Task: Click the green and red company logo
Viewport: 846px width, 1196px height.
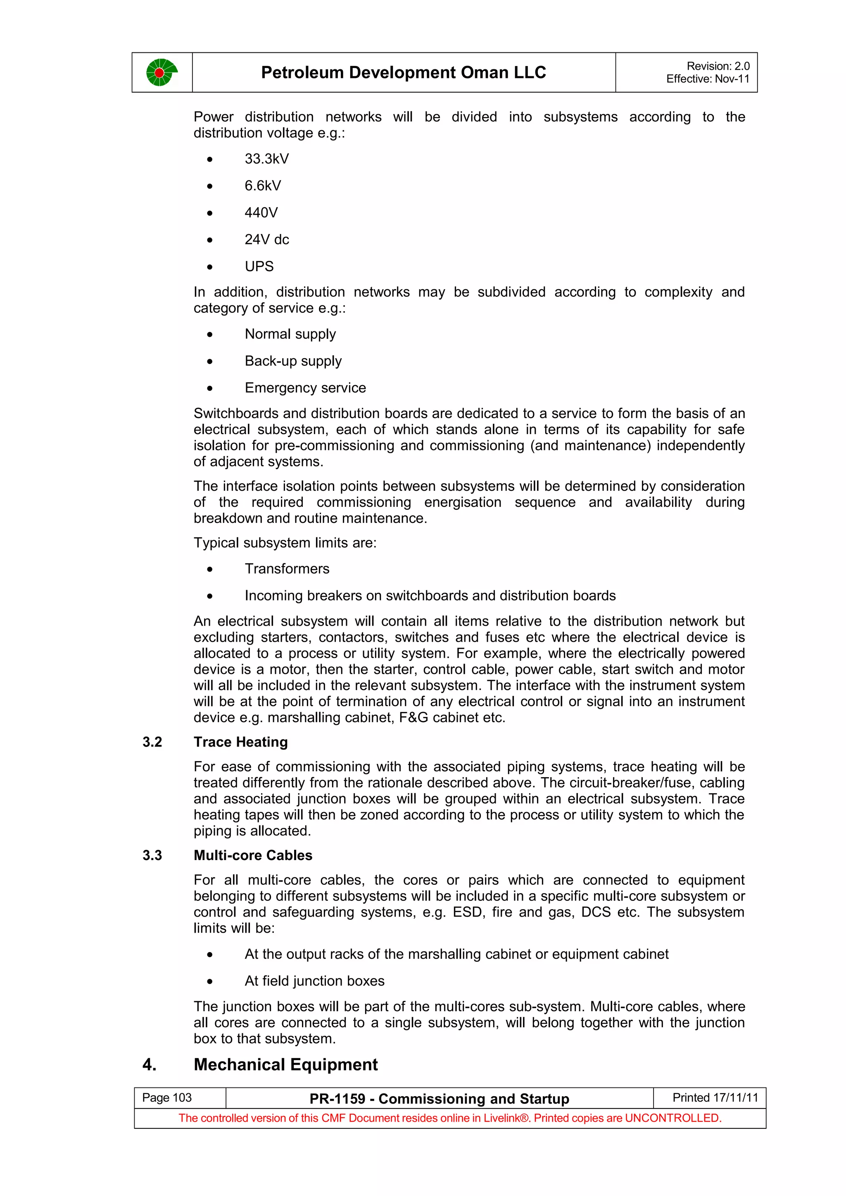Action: [162, 72]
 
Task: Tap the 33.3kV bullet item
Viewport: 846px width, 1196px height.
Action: [266, 159]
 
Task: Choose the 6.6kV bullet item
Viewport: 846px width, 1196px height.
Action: [263, 186]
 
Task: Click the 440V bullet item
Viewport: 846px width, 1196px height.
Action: [261, 213]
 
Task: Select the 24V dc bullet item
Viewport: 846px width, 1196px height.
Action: [266, 240]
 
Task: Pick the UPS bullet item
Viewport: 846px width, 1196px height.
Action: [259, 267]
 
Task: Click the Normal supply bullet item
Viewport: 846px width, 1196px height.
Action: [290, 334]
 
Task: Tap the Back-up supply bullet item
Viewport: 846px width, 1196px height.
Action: [293, 361]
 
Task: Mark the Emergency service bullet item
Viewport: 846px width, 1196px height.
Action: [305, 388]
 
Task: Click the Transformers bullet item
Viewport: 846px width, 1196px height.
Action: [287, 569]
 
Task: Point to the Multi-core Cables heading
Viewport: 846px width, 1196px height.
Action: [253, 856]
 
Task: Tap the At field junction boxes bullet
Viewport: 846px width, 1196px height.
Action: [314, 981]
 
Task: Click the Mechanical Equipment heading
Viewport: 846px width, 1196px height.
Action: [285, 1065]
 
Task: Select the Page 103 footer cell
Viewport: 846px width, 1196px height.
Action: [167, 1098]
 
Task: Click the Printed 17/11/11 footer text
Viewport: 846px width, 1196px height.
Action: [715, 1098]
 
